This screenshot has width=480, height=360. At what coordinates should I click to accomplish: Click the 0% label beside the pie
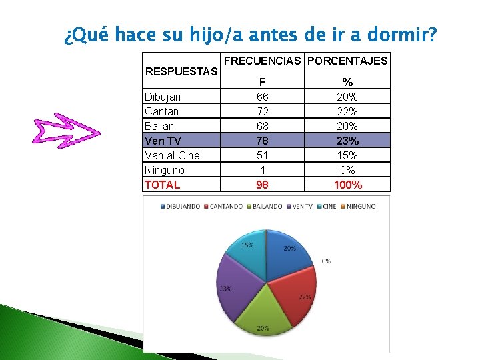tap(325, 261)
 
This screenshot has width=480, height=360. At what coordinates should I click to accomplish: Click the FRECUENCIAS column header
tap(263, 61)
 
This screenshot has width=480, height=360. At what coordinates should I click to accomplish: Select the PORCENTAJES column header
tap(347, 61)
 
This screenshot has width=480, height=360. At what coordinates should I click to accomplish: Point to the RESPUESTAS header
tap(181, 71)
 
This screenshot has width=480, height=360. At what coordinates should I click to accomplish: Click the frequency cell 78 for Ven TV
tap(263, 141)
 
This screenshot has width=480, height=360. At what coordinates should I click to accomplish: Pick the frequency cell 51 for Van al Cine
tap(263, 155)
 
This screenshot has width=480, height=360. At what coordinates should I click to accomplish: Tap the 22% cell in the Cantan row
tap(347, 111)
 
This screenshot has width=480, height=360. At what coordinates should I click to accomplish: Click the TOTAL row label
tap(163, 185)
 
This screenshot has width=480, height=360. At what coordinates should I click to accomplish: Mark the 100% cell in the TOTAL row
tap(347, 185)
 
